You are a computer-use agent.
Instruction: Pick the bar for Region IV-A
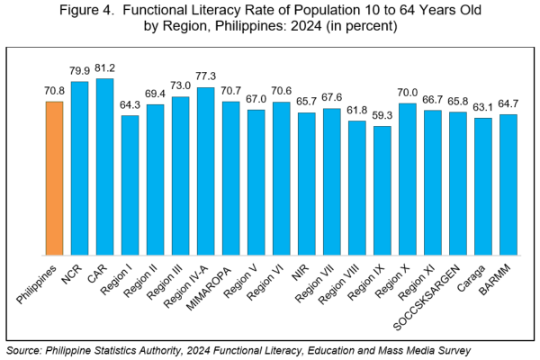click(205, 171)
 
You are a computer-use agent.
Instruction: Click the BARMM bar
click(508, 184)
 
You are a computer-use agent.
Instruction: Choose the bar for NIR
click(307, 184)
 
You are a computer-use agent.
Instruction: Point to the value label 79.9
click(79, 71)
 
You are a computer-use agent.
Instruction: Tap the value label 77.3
click(205, 77)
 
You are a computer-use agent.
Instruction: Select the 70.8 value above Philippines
click(54, 92)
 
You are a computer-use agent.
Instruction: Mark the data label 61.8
click(357, 111)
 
